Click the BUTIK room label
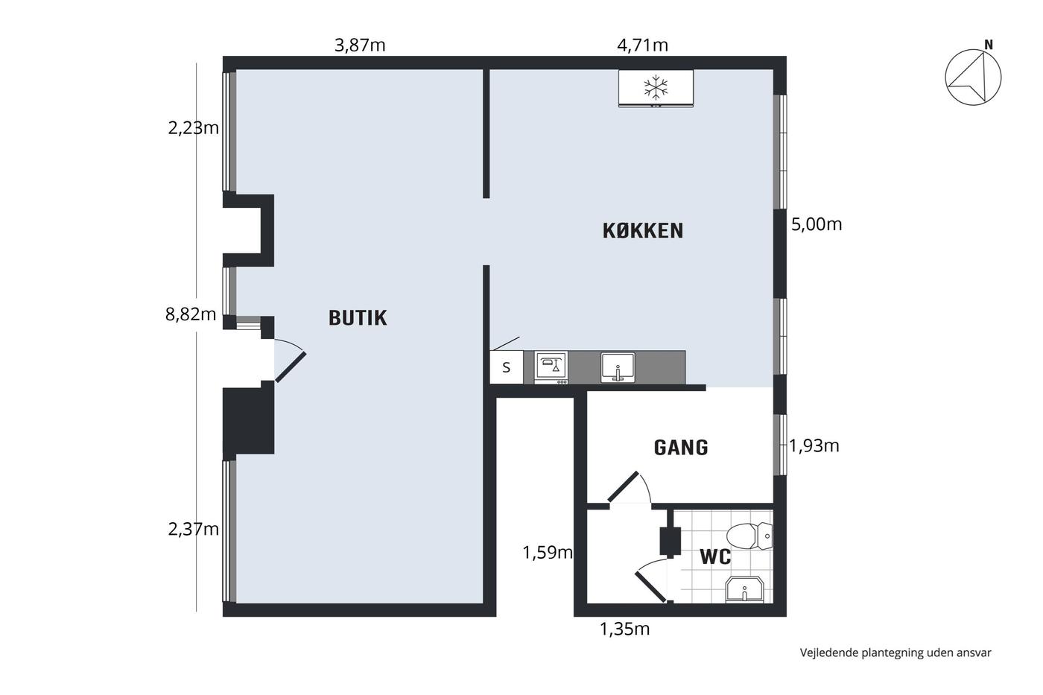358,318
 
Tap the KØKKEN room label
643,231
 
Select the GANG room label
681,448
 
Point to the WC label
715,556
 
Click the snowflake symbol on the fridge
656,87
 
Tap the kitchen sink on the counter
618,368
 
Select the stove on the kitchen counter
551,367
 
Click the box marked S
506,367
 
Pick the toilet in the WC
749,536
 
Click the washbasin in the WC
744,589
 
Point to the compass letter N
988,45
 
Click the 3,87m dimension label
360,45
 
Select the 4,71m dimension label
642,45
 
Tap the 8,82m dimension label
191,314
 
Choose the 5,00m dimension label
817,225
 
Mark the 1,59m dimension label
548,553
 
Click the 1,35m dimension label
624,629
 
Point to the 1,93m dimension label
814,446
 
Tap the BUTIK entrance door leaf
291,367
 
